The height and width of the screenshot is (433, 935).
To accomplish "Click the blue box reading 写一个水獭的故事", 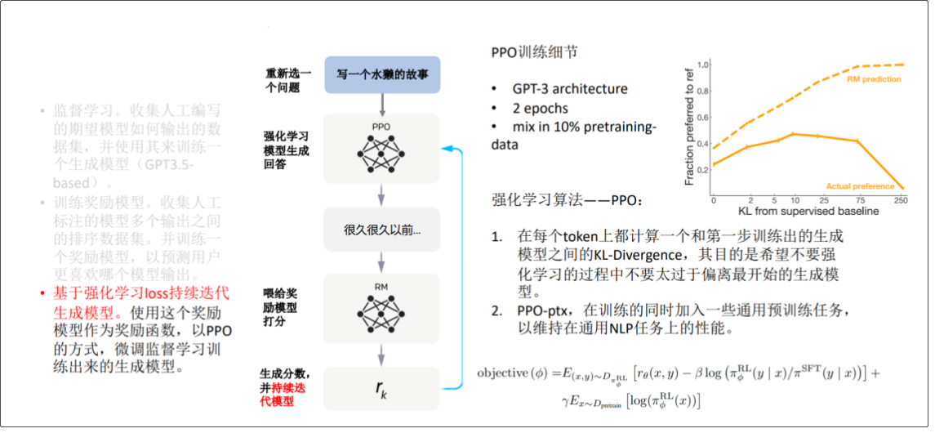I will tap(382, 74).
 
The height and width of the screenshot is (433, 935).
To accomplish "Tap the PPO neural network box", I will tap(382, 149).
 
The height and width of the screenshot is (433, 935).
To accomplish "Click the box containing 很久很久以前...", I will tap(382, 230).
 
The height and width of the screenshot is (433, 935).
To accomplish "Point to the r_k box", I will tap(382, 389).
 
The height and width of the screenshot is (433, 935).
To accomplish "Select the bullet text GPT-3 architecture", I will tap(570, 89).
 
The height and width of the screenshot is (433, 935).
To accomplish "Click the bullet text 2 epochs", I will tap(541, 108).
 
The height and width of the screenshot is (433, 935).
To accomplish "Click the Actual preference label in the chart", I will tap(860, 186).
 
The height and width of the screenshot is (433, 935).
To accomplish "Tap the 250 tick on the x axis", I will tap(902, 200).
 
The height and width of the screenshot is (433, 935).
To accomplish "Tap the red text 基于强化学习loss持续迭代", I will tap(141, 293).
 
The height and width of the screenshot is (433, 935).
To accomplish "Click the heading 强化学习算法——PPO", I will tap(568, 200).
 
